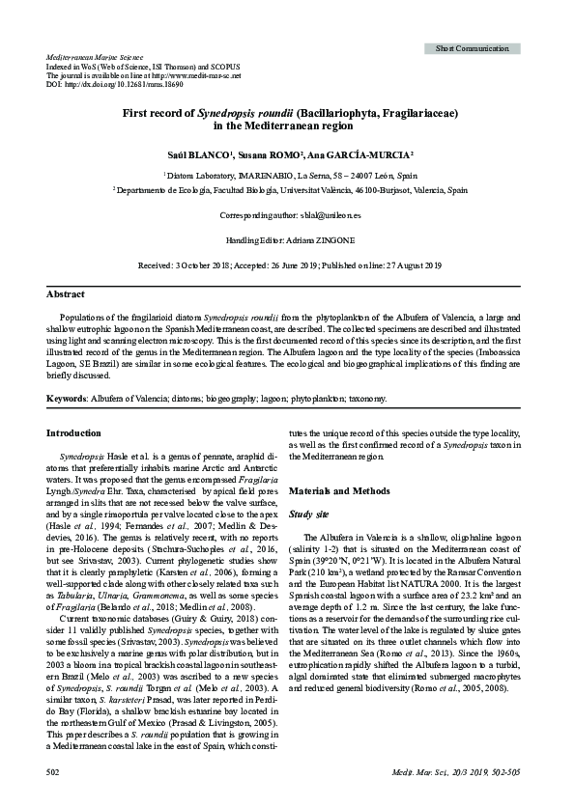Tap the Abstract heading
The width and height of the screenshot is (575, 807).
click(66, 293)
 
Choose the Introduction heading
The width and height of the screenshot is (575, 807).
click(75, 432)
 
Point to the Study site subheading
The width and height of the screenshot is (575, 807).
click(310, 515)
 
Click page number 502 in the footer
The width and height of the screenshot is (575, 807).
click(54, 772)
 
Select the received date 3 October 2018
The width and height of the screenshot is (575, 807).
click(205, 264)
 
